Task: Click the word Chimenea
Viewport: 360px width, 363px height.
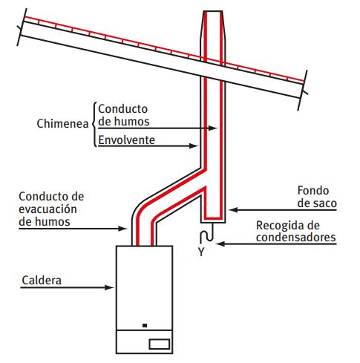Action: (x=62, y=123)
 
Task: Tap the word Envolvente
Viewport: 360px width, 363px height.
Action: (x=127, y=140)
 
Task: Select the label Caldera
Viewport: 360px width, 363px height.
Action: (x=42, y=281)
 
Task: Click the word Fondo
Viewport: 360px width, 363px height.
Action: (x=313, y=191)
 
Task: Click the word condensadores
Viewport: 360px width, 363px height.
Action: (x=296, y=238)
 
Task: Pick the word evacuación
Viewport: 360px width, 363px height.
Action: (x=48, y=209)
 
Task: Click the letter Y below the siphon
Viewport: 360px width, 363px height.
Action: (x=201, y=252)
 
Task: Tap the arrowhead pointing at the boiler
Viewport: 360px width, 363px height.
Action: (x=109, y=287)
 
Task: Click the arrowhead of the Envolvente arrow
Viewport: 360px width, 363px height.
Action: (x=194, y=145)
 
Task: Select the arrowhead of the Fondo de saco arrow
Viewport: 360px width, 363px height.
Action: (x=233, y=210)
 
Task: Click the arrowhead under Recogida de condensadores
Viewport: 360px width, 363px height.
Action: (x=220, y=244)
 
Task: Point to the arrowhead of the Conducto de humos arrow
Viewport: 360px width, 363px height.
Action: (x=213, y=128)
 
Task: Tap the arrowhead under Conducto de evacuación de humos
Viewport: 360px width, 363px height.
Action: (x=122, y=229)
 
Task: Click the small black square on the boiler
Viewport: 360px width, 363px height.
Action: (x=145, y=325)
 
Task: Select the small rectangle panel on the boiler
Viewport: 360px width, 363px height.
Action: (x=160, y=344)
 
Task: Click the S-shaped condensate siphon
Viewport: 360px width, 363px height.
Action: (x=206, y=233)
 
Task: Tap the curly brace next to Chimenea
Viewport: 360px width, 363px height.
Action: (x=94, y=124)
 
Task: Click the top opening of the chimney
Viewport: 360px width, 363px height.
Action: (x=213, y=11)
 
